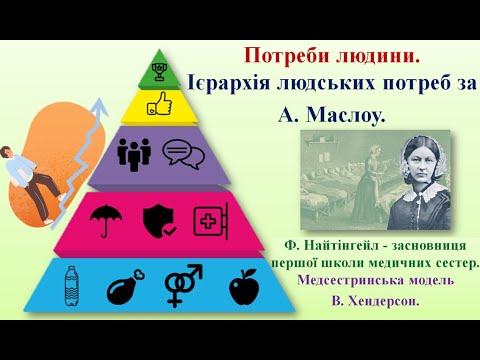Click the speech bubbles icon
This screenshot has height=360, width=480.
tap(177, 153)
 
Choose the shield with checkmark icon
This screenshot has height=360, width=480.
tap(158, 219)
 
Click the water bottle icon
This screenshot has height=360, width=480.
tap(70, 285)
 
